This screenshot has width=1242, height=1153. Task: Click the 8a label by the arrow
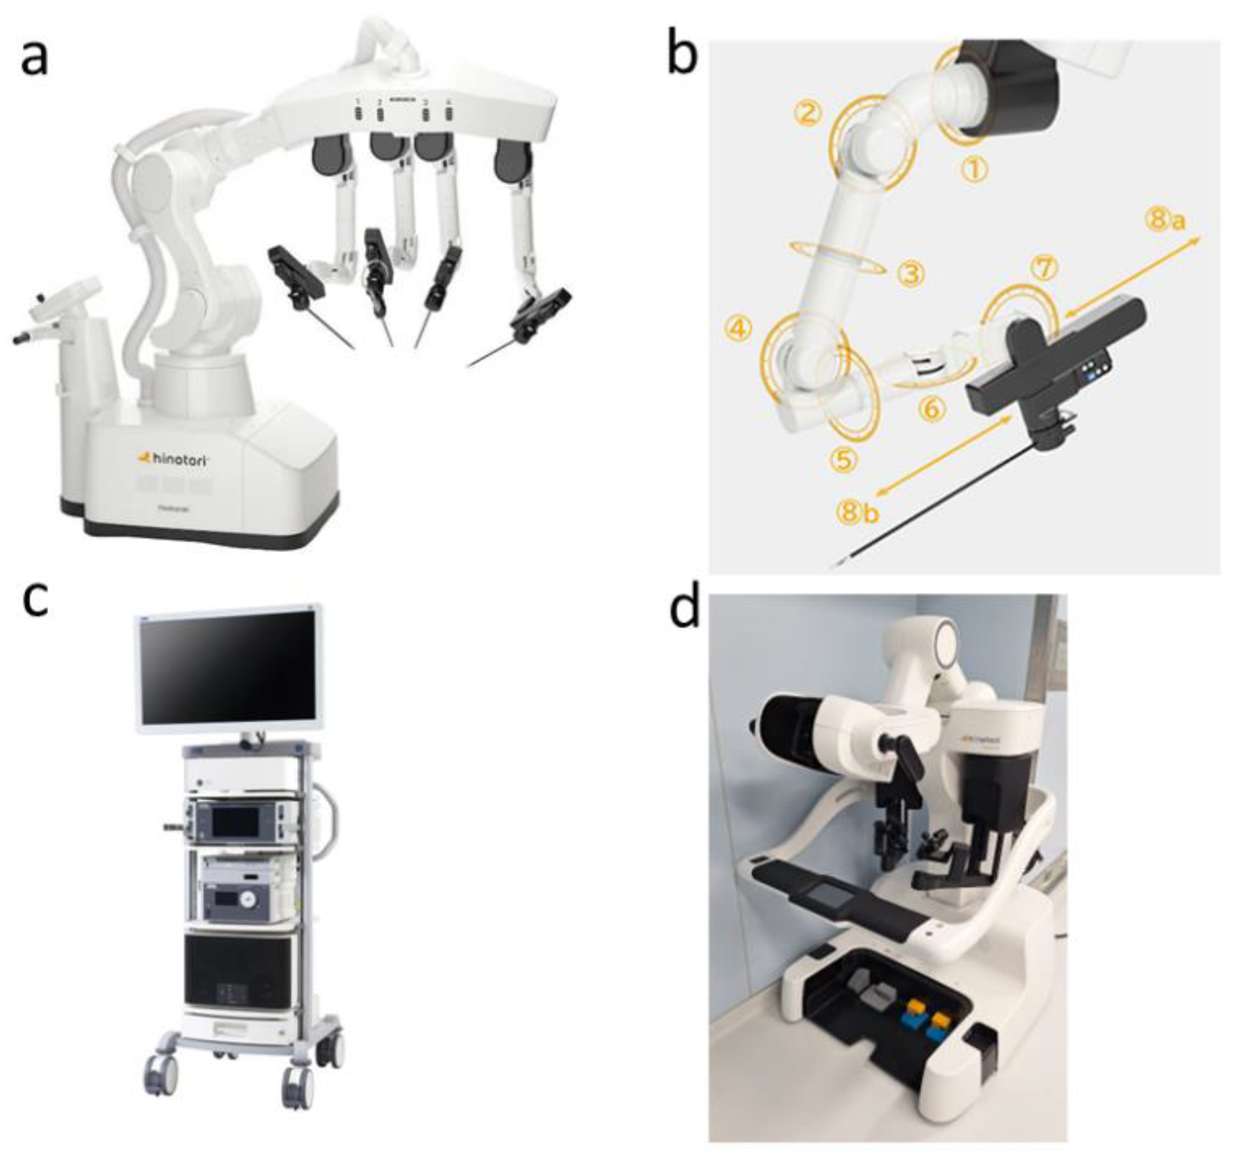pyautogui.click(x=1165, y=220)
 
